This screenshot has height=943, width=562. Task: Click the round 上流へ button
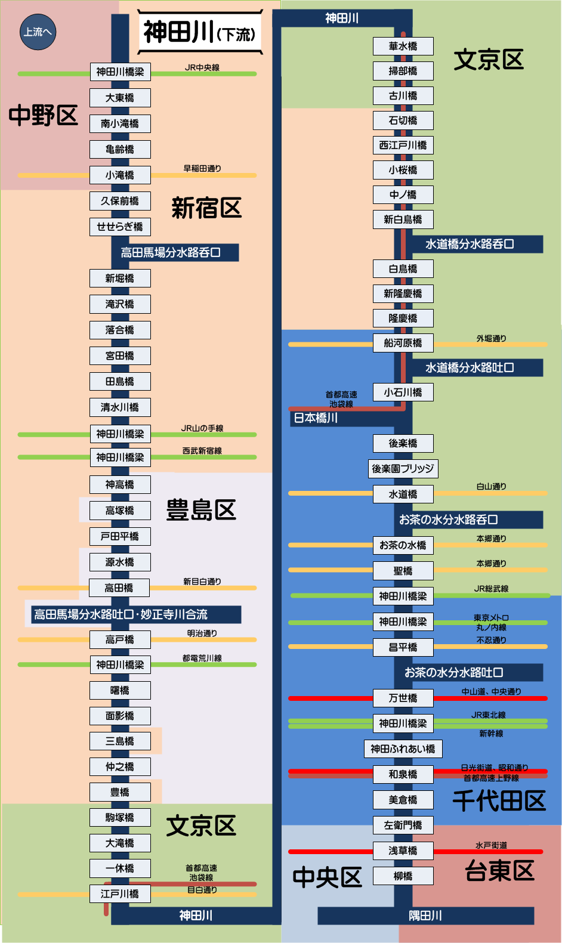tap(38, 32)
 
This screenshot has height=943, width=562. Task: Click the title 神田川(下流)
tap(200, 32)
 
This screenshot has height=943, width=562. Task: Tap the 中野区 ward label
tap(43, 115)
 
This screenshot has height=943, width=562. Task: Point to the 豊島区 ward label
tap(201, 511)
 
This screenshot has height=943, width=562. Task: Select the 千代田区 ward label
tap(499, 800)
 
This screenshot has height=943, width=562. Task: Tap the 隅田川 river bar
tap(425, 916)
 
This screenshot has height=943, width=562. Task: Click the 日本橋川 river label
tap(316, 418)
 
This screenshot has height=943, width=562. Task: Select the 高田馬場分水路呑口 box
tap(171, 253)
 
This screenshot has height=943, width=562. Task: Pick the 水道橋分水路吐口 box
tap(470, 368)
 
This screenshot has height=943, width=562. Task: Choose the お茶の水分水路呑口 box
tap(449, 520)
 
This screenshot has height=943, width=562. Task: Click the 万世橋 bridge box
tap(403, 698)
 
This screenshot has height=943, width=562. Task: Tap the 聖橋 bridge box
tap(403, 571)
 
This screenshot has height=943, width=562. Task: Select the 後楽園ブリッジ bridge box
tap(403, 469)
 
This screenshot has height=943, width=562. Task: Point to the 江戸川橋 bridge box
tap(120, 893)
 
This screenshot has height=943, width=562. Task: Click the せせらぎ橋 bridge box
tap(120, 227)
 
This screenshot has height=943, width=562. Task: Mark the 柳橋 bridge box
tap(403, 876)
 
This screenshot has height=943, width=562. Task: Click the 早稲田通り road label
tap(202, 169)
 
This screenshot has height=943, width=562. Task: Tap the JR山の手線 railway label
tap(202, 428)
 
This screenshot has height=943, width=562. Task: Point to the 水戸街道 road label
tap(491, 845)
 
